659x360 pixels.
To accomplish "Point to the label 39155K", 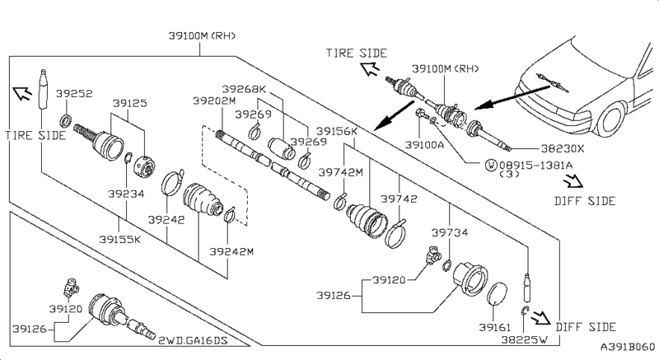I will [120, 240].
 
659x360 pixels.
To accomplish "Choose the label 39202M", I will [213, 101].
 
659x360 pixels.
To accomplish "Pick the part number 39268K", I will [245, 88].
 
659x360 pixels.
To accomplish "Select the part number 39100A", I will [425, 144].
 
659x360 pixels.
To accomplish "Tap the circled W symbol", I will [493, 165].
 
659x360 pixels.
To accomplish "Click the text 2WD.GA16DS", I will [192, 337].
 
